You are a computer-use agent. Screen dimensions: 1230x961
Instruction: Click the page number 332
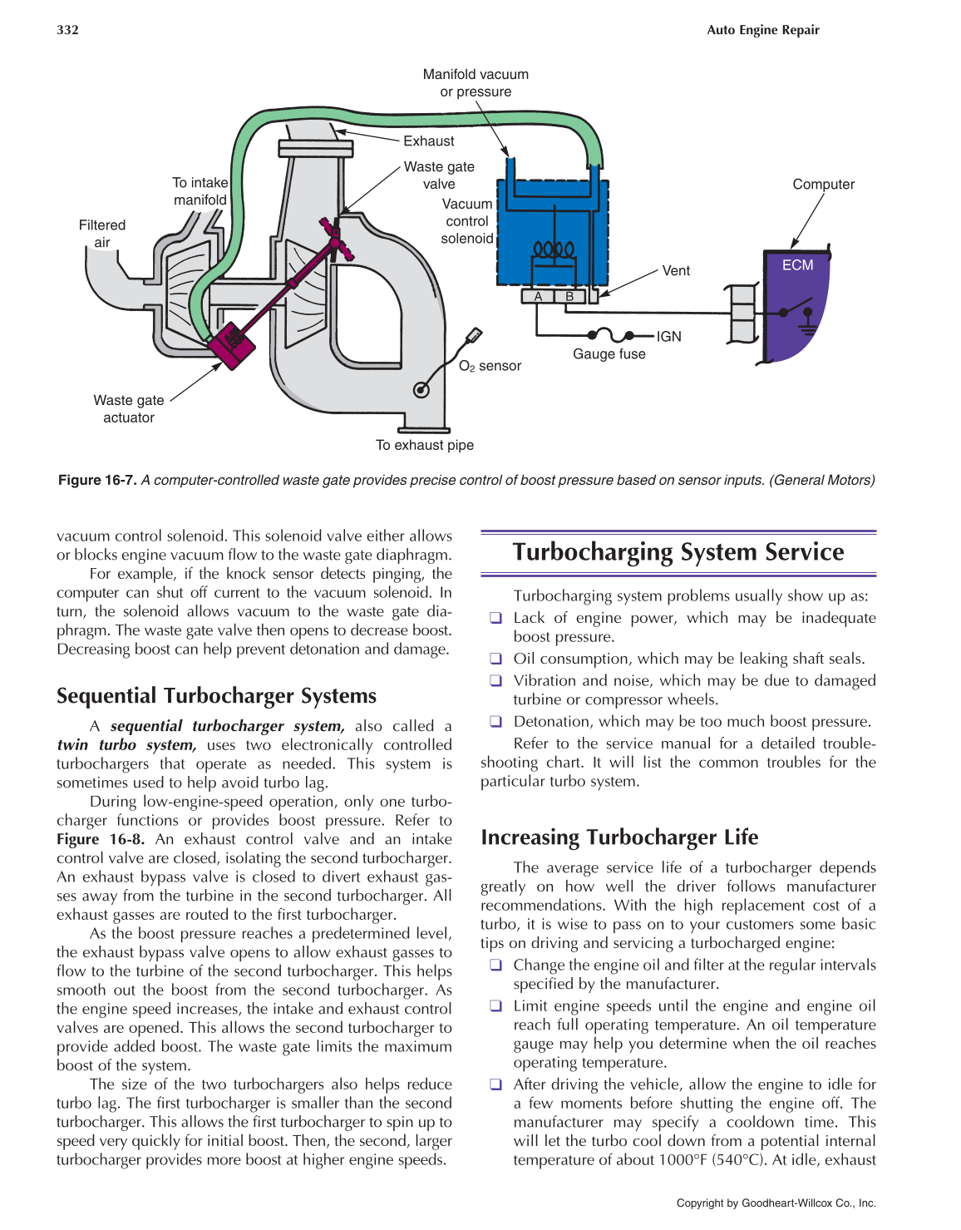(67, 30)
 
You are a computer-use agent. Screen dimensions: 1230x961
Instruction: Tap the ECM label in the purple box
(797, 265)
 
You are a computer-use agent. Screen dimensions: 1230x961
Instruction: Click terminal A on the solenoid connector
(538, 296)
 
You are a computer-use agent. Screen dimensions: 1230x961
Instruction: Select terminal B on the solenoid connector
(569, 296)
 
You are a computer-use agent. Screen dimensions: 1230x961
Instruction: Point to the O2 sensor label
(490, 366)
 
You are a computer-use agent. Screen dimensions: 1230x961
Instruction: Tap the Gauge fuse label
(609, 354)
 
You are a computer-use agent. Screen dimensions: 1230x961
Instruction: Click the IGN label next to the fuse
(668, 337)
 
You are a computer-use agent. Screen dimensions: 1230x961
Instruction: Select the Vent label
(676, 271)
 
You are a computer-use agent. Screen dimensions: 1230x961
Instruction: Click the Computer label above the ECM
(823, 185)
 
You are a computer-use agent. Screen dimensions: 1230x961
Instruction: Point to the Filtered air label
(102, 234)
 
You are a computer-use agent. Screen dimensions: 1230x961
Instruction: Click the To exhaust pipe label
(424, 446)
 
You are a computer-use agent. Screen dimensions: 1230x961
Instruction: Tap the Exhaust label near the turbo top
(429, 141)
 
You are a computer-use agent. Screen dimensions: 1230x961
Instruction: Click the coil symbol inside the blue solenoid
(554, 249)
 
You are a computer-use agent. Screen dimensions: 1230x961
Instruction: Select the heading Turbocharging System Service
(678, 552)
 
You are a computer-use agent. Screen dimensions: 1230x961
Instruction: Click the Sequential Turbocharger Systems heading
(216, 696)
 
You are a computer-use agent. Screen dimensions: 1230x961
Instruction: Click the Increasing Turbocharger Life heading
(619, 837)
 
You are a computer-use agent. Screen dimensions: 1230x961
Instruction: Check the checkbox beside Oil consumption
(495, 659)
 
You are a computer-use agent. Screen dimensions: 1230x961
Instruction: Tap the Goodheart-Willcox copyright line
(776, 1203)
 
